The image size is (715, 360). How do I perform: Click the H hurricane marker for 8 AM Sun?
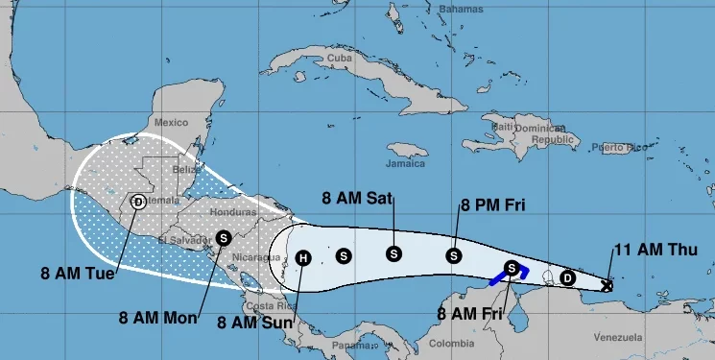click(x=303, y=257)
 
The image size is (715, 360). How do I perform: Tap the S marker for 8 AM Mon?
click(x=224, y=237)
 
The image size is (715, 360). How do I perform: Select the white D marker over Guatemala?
click(x=138, y=202)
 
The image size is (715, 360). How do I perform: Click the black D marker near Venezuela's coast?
click(x=567, y=277)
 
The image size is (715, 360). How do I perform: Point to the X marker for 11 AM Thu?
click(x=607, y=285)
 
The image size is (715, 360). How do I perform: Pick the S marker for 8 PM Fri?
click(x=453, y=255)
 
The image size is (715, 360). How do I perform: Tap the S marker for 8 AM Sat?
click(x=393, y=253)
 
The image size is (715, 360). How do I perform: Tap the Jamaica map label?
click(x=406, y=149)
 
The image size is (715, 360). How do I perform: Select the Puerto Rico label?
click(x=614, y=147)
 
